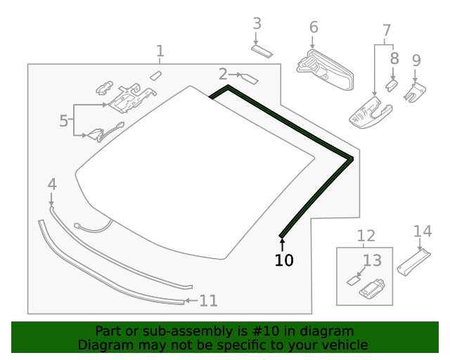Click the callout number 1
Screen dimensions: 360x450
tap(160, 51)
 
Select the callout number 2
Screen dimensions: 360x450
tap(223, 74)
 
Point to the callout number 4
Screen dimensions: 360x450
tap(52, 184)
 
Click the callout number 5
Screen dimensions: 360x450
tap(64, 120)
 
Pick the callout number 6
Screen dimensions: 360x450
tap(314, 27)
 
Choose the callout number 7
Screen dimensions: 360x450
tap(386, 30)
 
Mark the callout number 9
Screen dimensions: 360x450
tap(416, 60)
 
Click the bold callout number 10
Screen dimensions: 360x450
tap(284, 260)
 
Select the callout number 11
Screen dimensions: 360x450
tap(208, 301)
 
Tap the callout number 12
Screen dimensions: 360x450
tap(366, 236)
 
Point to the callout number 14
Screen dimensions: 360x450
tap(422, 231)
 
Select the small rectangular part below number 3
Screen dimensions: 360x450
tap(263, 51)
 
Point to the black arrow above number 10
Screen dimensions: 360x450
tap(283, 244)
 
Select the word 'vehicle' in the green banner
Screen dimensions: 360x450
tap(344, 345)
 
